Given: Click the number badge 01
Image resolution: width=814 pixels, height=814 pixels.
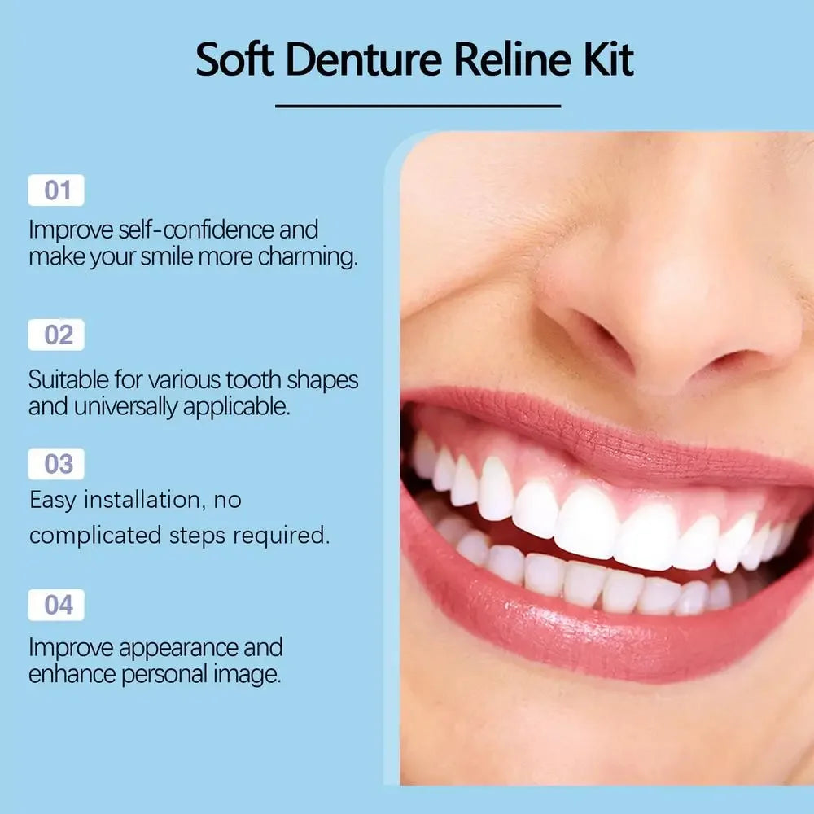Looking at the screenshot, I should [x=56, y=190].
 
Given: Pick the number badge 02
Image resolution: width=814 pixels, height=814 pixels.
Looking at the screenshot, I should [x=56, y=335].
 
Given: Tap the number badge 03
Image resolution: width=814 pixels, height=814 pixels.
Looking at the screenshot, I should [x=56, y=464].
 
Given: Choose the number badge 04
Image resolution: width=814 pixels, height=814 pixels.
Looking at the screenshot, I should [x=56, y=605].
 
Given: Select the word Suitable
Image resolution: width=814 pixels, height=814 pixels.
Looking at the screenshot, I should [x=68, y=380].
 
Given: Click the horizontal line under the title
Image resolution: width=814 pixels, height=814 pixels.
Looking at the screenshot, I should [x=418, y=106].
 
